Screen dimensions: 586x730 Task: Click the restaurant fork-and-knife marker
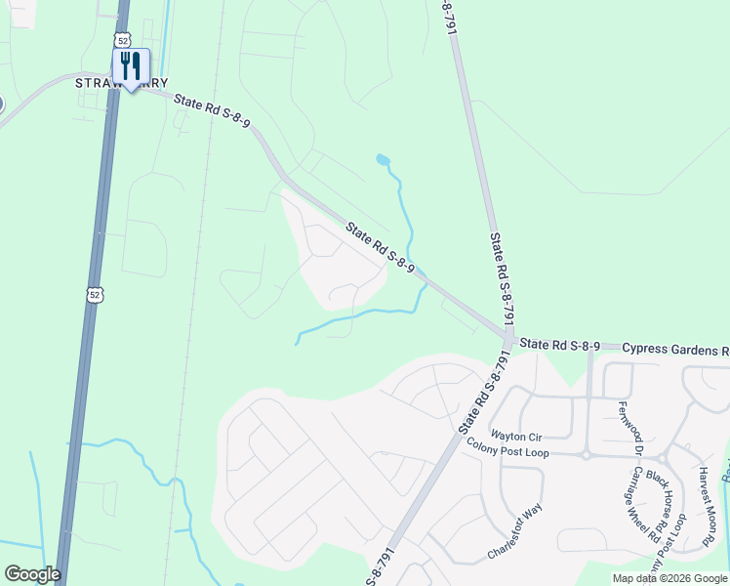(130, 66)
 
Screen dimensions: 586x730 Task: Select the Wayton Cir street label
(515, 436)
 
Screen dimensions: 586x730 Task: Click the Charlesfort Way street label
(515, 533)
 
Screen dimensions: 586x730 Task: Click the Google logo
(32, 574)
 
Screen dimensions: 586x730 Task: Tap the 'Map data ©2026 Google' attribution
(669, 578)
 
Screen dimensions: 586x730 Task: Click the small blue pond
(383, 159)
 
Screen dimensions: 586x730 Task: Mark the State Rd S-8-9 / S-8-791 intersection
(508, 338)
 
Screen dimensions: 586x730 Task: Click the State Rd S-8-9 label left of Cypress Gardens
(559, 345)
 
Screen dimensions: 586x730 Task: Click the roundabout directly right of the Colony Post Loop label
(587, 453)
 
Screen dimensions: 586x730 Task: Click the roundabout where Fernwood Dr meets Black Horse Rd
(661, 457)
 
